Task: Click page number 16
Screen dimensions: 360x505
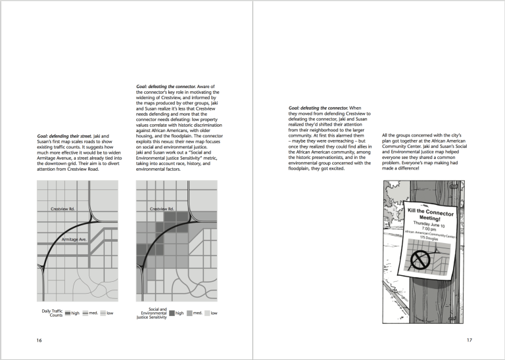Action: coord(39,340)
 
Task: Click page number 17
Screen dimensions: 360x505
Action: coord(469,340)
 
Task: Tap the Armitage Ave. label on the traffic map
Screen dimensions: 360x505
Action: coord(74,240)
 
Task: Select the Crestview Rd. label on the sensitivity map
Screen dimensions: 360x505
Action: coord(161,209)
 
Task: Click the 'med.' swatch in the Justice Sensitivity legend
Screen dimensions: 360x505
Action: coord(190,313)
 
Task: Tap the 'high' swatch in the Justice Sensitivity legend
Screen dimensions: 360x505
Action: coord(172,313)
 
